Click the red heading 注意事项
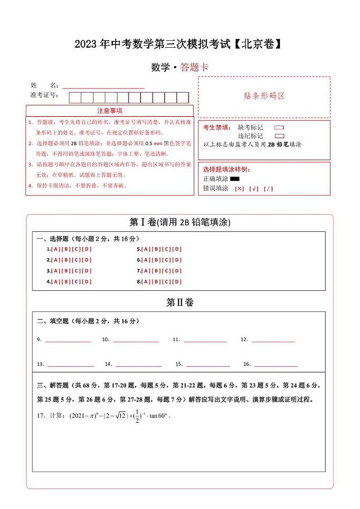tap(109, 111)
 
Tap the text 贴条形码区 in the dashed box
tap(264, 96)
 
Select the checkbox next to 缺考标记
tap(279, 127)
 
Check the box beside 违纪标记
tap(279, 136)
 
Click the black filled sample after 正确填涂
tap(235, 179)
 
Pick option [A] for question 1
tap(55, 249)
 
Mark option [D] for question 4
tap(87, 282)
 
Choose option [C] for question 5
tap(166, 249)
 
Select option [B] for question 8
tap(156, 282)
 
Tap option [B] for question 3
tap(66, 271)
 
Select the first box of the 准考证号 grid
tap(75, 98)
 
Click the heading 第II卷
tap(180, 303)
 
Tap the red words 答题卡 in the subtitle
tap(194, 68)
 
